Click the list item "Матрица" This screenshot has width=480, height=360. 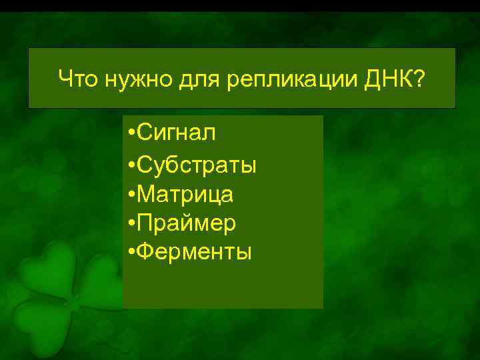coord(186,194)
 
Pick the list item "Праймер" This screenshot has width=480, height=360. coord(187,223)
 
